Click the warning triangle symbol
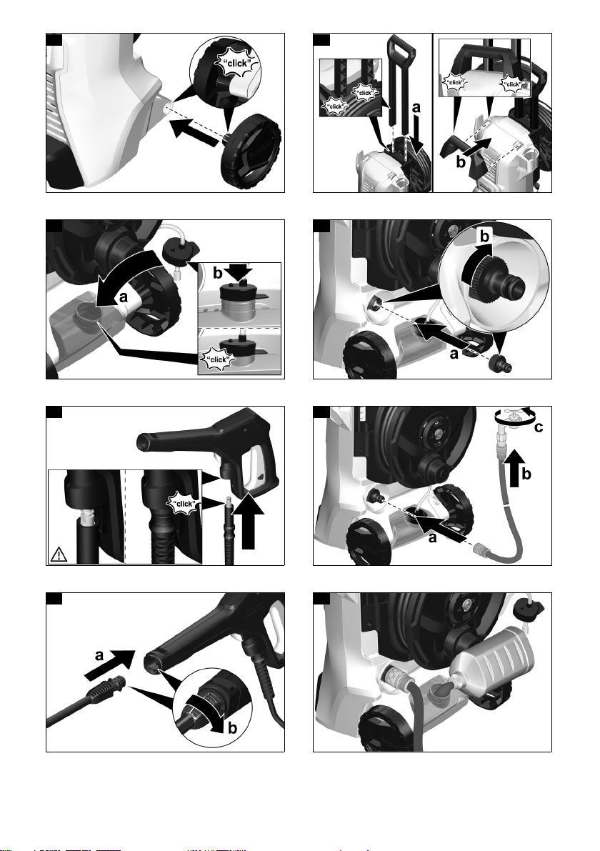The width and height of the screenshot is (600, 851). (58, 554)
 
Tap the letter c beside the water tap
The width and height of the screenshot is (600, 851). (538, 428)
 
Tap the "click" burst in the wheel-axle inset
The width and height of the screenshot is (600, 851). (238, 64)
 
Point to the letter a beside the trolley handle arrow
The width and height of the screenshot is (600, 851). (416, 108)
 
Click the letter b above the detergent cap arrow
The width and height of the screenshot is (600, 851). (217, 274)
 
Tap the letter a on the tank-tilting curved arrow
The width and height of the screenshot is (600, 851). (123, 297)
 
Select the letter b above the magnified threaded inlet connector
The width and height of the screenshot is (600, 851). (485, 236)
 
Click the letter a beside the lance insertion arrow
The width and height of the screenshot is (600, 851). (99, 655)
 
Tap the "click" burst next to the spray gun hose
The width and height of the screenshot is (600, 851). (184, 504)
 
